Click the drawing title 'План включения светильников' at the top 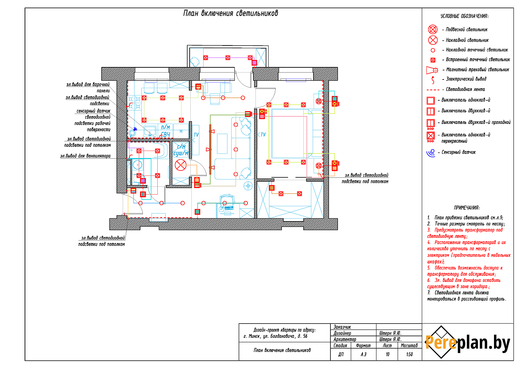(231, 14)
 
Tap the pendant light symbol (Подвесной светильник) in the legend (433, 30)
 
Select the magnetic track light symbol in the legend (432, 70)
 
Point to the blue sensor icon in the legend (431, 152)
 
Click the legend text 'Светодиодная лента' (465, 90)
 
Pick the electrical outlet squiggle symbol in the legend (433, 80)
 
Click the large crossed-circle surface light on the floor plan (181, 165)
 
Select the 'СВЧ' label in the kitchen (165, 135)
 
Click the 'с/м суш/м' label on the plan (181, 150)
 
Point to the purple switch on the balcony (254, 62)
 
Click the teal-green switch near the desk (197, 211)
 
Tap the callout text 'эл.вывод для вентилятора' (85, 156)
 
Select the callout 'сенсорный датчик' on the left (93, 111)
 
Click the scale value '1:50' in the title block (409, 354)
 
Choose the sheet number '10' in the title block (387, 354)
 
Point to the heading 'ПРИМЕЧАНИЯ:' (467, 208)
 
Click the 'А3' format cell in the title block (363, 354)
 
